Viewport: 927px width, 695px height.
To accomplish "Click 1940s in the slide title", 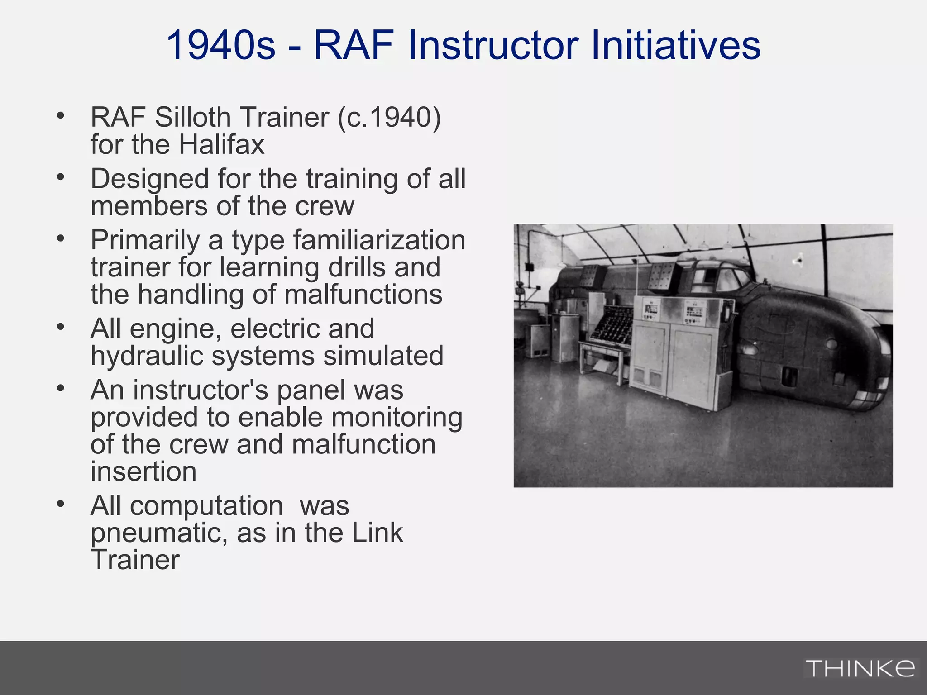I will click(221, 45).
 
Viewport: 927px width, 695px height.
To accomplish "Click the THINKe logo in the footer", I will click(860, 668).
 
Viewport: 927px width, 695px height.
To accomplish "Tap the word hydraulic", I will click(147, 356).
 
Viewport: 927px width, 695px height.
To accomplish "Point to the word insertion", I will click(143, 471).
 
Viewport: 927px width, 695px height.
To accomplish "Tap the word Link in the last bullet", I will click(377, 533).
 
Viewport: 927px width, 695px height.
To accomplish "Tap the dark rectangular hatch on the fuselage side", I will click(789, 376).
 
